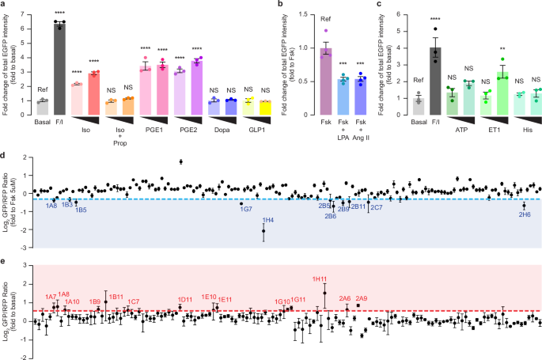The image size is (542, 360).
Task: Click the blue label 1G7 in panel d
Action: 246,210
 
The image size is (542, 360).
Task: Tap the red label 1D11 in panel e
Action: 185,298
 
